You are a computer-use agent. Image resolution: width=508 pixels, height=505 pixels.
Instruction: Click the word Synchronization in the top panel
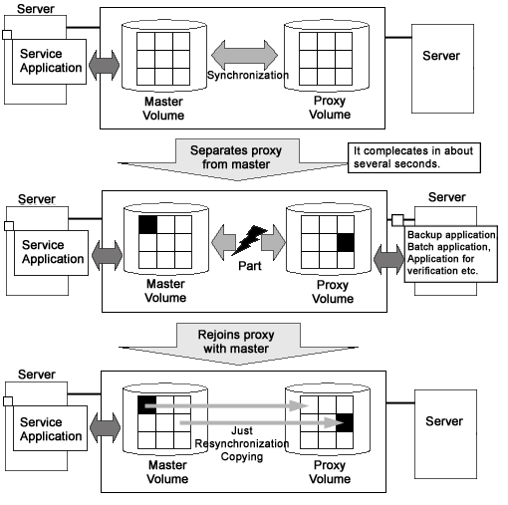pyautogui.click(x=248, y=75)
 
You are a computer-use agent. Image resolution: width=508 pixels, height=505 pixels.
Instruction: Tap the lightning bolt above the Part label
pyautogui.click(x=250, y=240)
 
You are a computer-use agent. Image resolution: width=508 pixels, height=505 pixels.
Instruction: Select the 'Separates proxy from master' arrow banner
pyautogui.click(x=236, y=159)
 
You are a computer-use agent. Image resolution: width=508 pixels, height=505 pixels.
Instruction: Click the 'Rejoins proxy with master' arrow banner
pyautogui.click(x=238, y=344)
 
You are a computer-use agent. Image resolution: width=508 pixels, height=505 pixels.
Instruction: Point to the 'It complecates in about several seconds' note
pyautogui.click(x=414, y=157)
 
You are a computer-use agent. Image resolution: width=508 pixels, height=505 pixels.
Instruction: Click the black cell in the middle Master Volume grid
pyautogui.click(x=147, y=225)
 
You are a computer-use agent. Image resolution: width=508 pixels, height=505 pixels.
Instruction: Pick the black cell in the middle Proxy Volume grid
pyautogui.click(x=346, y=243)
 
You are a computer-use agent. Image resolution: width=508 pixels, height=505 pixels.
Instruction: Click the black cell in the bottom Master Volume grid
pyautogui.click(x=146, y=404)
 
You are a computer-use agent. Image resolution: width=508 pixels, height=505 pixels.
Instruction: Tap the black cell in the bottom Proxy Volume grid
pyautogui.click(x=345, y=422)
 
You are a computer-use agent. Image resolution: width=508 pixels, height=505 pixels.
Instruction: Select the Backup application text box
pyautogui.click(x=451, y=254)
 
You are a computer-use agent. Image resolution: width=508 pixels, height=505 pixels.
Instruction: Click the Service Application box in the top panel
pyautogui.click(x=49, y=62)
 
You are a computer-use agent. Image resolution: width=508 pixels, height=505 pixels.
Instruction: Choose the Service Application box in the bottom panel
pyautogui.click(x=50, y=428)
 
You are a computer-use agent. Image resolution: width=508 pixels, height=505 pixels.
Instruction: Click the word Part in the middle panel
pyautogui.click(x=250, y=266)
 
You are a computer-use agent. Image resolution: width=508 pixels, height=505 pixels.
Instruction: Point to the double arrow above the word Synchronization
pyautogui.click(x=245, y=55)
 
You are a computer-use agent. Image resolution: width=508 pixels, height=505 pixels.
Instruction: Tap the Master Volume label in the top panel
pyautogui.click(x=163, y=109)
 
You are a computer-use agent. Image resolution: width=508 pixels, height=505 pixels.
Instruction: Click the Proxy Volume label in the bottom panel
pyautogui.click(x=330, y=472)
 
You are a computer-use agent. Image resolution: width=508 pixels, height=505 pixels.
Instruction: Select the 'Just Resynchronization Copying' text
pyautogui.click(x=242, y=443)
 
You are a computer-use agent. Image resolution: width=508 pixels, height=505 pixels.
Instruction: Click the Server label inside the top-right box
pyautogui.click(x=441, y=56)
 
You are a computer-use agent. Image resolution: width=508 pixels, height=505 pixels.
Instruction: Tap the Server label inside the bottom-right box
pyautogui.click(x=444, y=421)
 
